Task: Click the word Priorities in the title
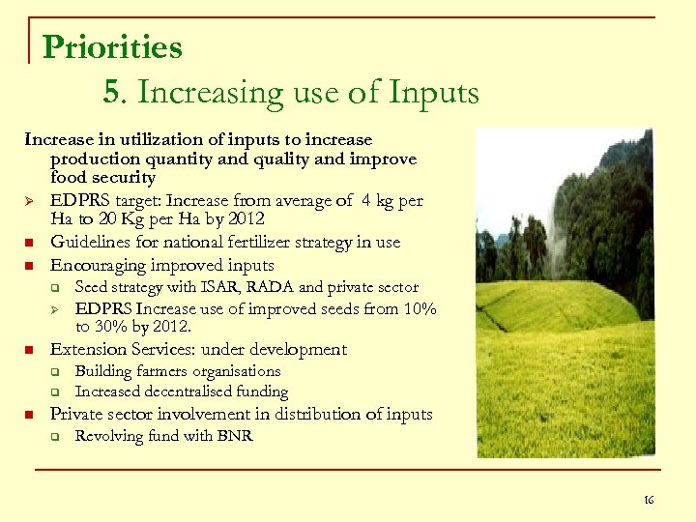112,47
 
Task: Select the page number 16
648,500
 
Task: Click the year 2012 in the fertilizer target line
245,219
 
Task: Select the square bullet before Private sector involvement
31,415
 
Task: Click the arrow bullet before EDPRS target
31,201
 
